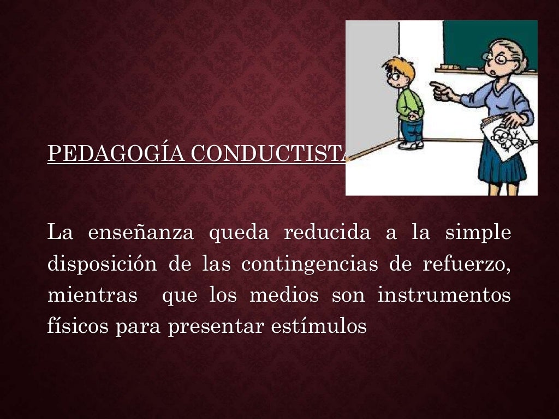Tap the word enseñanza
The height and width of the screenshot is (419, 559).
point(141,233)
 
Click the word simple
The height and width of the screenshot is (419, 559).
point(478,233)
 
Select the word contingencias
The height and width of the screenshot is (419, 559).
point(310,265)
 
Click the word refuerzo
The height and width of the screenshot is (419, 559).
point(467,265)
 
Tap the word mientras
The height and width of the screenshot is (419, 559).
point(92,296)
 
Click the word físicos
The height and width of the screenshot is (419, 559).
point(78,327)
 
